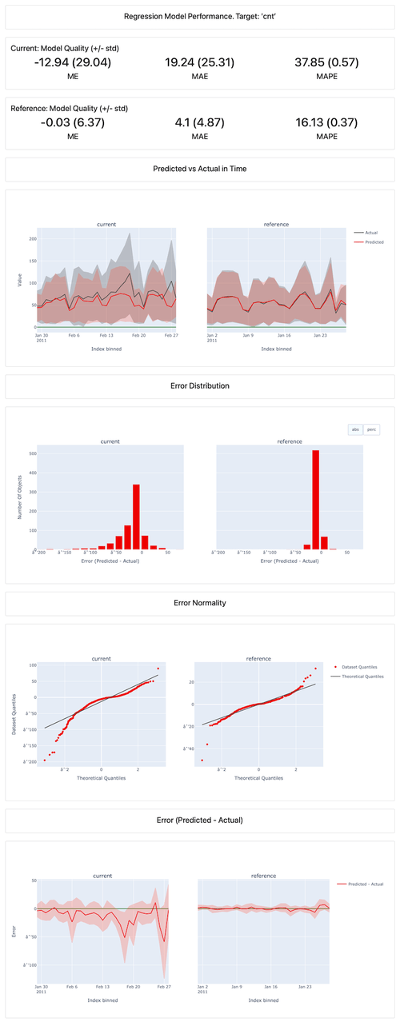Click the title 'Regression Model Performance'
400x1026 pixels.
(x=200, y=16)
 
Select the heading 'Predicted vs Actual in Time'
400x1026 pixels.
(x=200, y=169)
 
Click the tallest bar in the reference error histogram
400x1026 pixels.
(x=315, y=500)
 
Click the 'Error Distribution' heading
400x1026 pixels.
(x=200, y=385)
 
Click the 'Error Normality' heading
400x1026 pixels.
(x=200, y=602)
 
